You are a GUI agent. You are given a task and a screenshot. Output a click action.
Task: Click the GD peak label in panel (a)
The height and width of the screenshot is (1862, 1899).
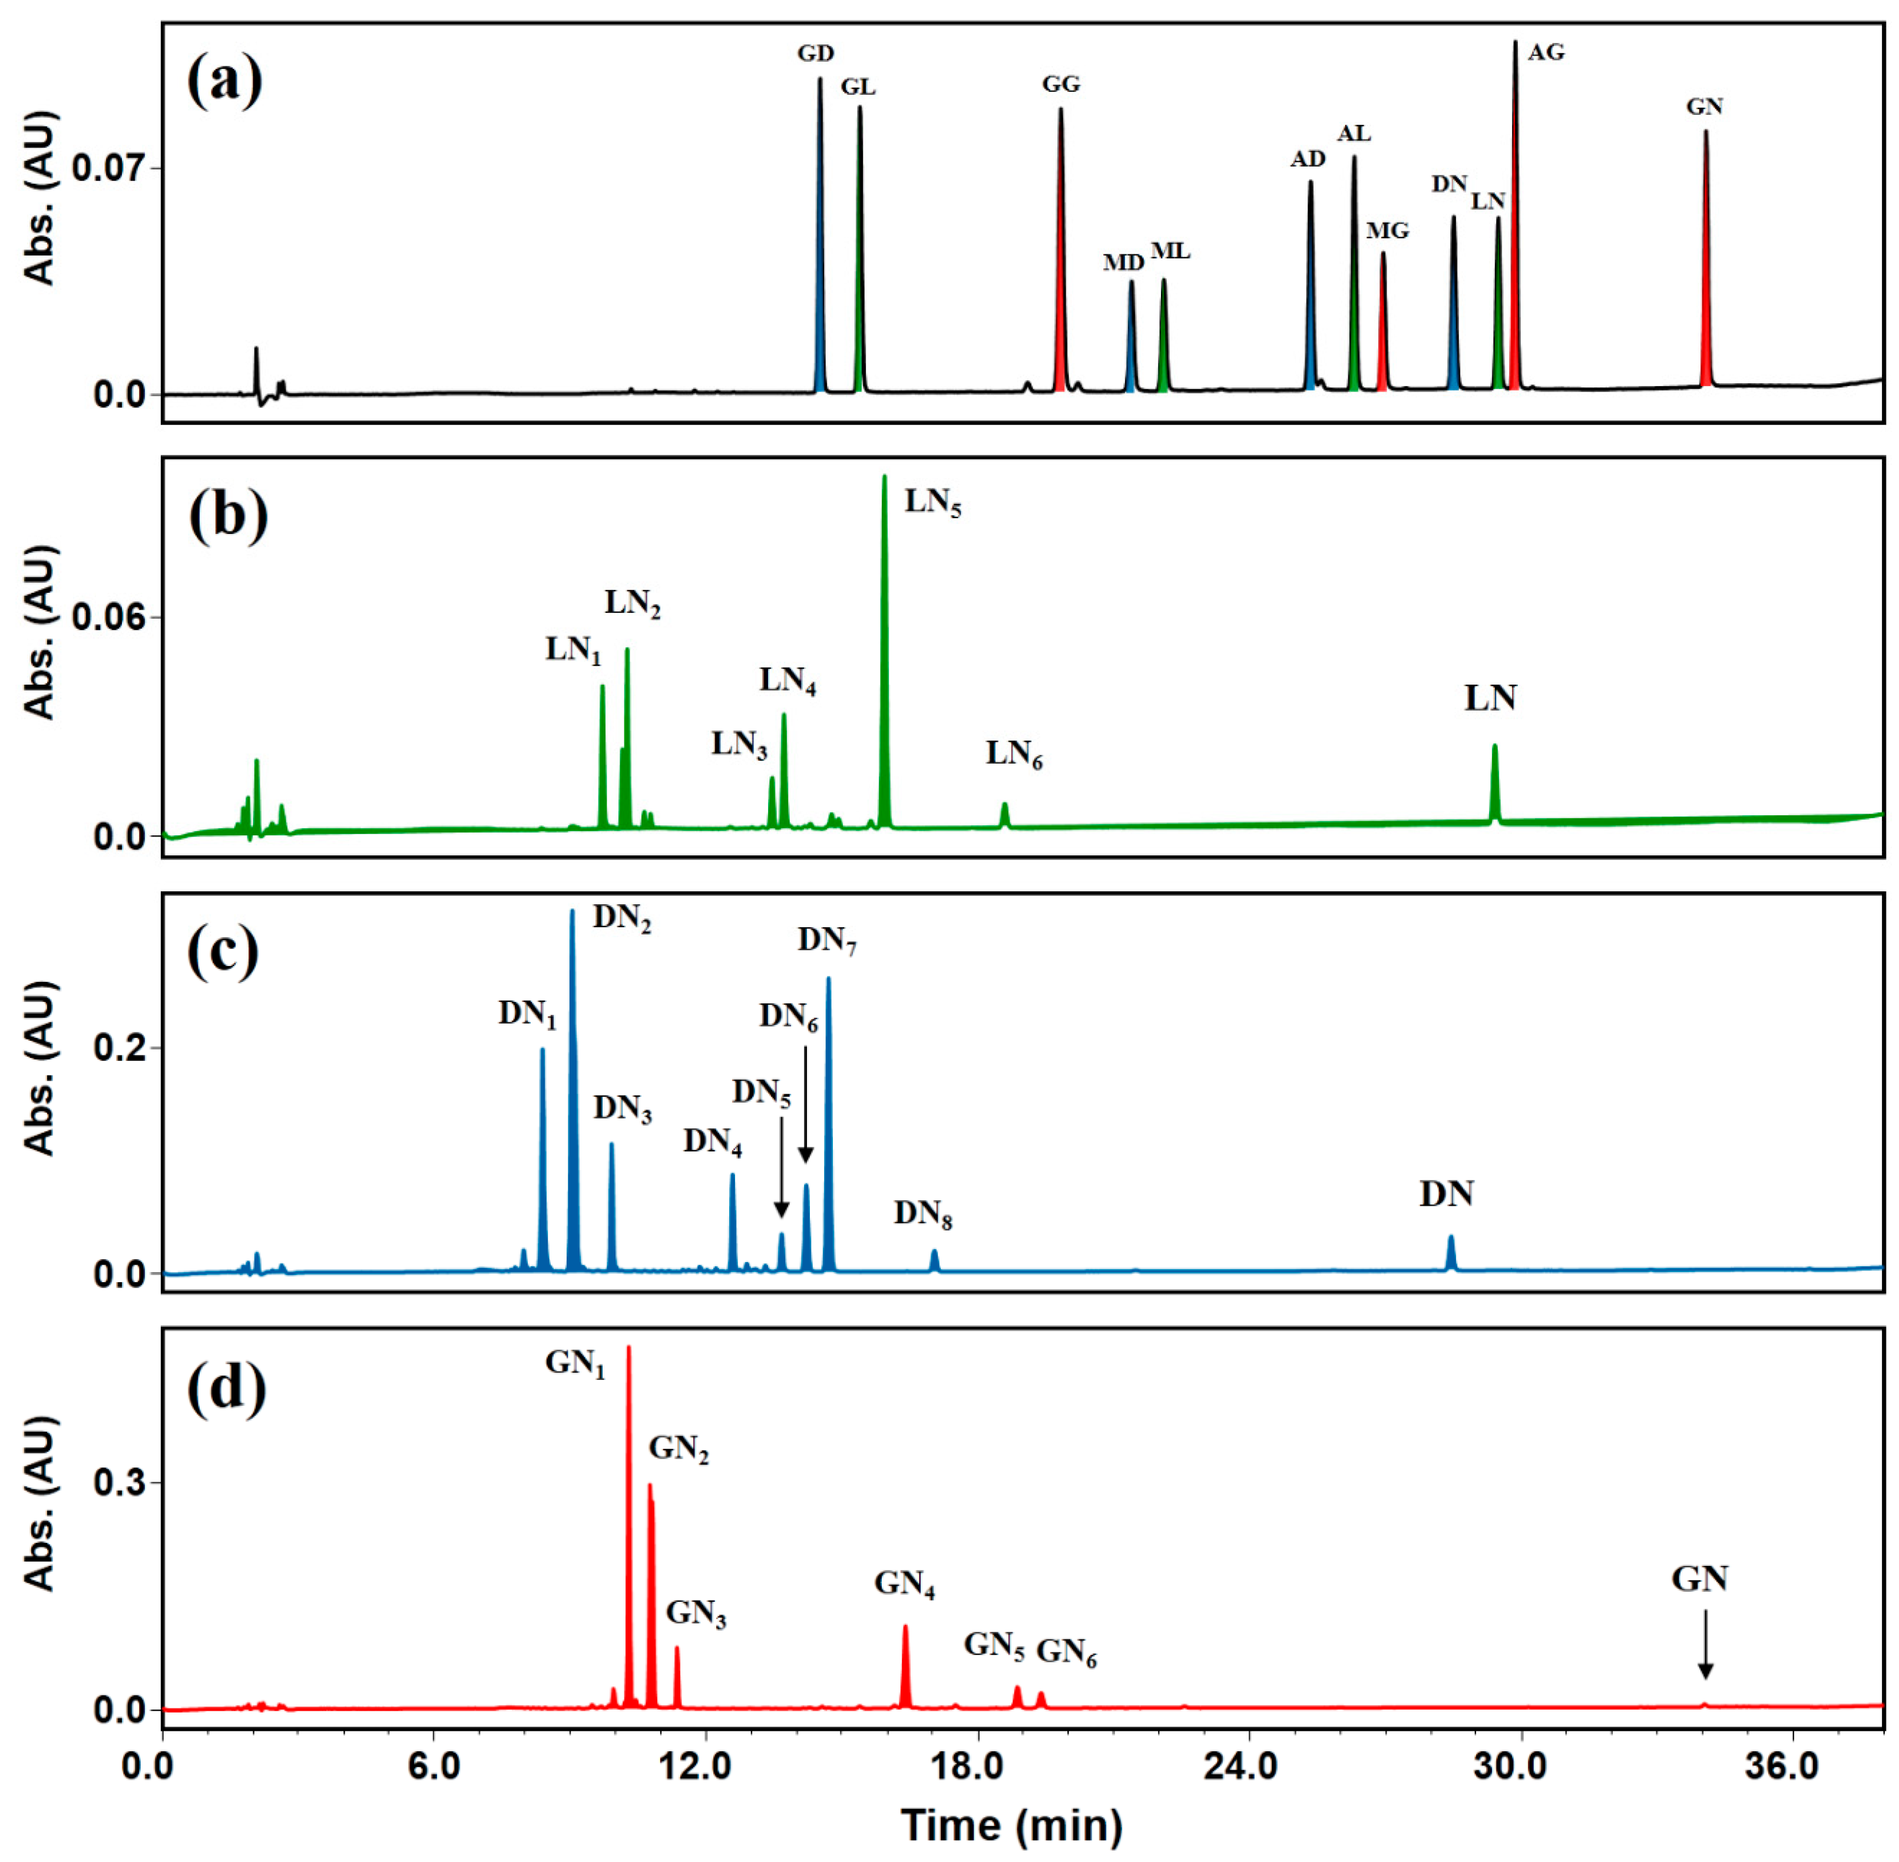pos(815,54)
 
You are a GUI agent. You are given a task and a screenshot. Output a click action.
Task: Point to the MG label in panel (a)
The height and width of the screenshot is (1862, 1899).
pos(1387,231)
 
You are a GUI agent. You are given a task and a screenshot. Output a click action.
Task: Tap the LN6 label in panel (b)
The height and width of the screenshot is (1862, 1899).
pos(1014,754)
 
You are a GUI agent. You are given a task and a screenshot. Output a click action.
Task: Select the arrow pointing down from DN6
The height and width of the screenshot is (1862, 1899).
pos(805,1105)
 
